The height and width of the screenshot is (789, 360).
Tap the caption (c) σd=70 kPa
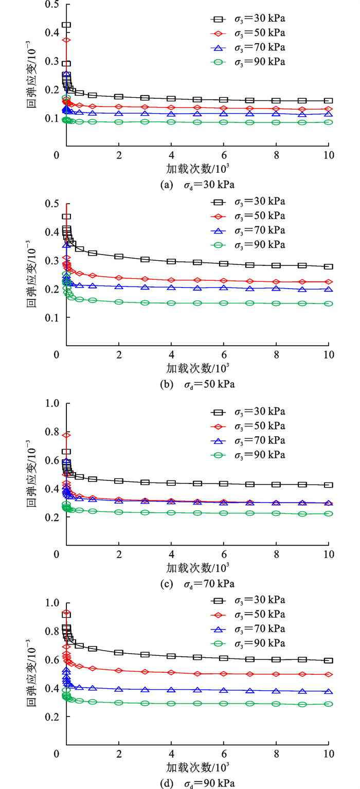click(x=197, y=583)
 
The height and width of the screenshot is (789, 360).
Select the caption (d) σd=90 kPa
click(x=197, y=782)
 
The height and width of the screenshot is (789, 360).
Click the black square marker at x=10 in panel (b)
click(x=328, y=266)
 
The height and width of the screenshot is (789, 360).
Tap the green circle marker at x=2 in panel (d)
click(x=119, y=703)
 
